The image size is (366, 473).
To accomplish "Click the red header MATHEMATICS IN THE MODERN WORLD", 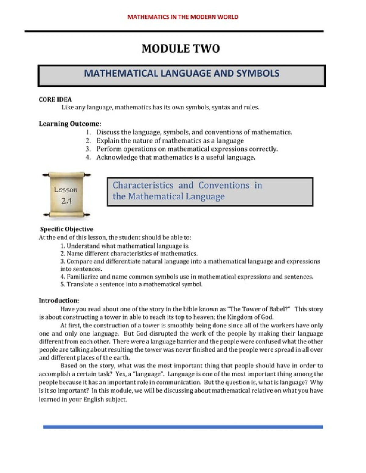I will [182, 17].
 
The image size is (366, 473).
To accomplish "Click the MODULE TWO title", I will [181, 49].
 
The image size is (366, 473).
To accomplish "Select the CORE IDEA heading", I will [55, 99].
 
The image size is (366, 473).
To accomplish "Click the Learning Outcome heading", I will [69, 124].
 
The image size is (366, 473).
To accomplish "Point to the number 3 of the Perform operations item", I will [88, 149].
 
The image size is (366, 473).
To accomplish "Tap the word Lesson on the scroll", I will [66, 189].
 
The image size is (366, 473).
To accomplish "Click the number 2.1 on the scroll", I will [66, 201].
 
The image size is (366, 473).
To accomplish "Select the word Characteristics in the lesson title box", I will [143, 185].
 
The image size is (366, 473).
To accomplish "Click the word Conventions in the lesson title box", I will [224, 185].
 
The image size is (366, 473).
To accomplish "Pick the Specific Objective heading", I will [66, 229].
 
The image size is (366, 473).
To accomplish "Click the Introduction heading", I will [59, 301].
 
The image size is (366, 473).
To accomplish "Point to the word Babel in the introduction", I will [277, 309].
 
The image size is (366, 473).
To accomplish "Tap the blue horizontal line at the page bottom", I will [183, 427].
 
